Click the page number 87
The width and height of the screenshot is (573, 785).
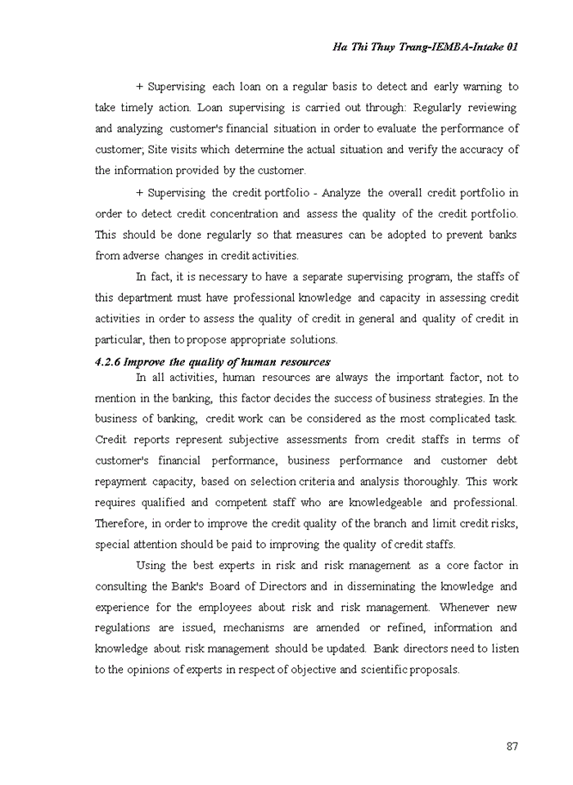point(512,746)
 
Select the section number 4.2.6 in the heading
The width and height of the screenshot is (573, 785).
point(108,361)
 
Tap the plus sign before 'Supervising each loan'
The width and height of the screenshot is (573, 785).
point(139,87)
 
